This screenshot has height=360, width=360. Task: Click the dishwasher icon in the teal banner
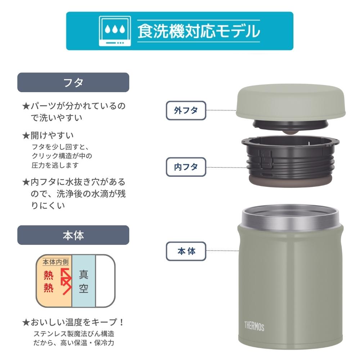pos(115,31)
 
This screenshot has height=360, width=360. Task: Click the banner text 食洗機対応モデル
pos(199,31)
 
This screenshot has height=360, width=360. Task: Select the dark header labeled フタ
pos(73,82)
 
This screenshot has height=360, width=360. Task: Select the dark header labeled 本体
pos(73,235)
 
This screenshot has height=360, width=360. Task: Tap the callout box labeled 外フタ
pos(186,111)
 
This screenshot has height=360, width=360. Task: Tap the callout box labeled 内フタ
pos(186,167)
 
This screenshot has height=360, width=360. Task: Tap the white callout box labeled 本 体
pos(186,251)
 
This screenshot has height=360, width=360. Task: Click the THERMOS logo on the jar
pos(254,326)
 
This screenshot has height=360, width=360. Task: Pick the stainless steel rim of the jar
pos(290,217)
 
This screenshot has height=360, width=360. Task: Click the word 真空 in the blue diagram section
pos(84,281)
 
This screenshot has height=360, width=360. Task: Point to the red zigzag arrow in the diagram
pos(66,281)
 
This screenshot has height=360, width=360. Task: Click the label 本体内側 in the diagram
pos(55,262)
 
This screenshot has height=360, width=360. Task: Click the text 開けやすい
pos(52,135)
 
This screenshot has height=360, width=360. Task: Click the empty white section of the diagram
pos(105,281)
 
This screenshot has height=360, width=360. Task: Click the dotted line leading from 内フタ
pos(226,167)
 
